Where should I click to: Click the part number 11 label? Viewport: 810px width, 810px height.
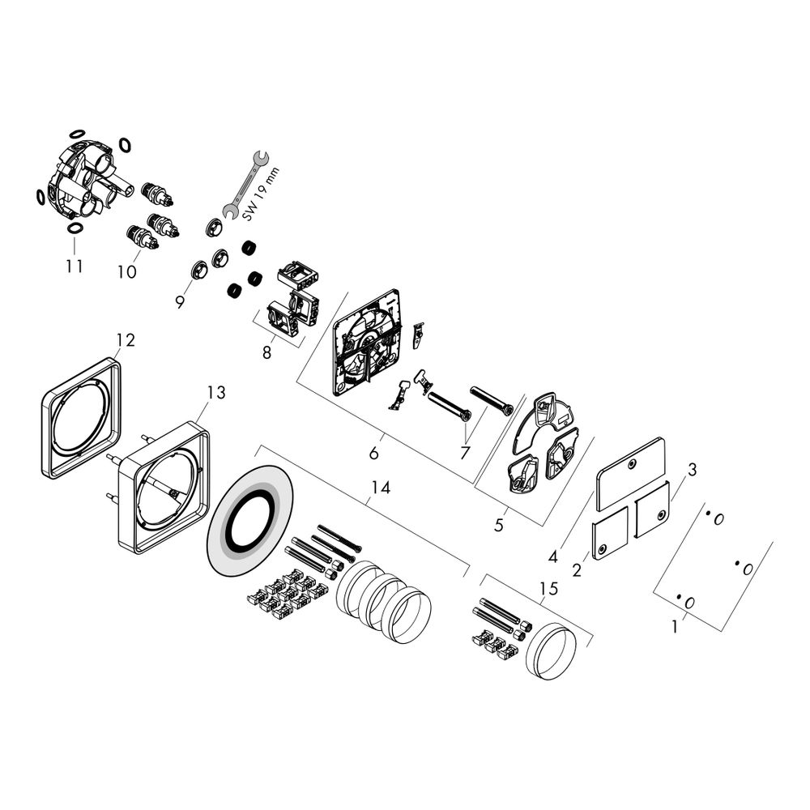(x=75, y=266)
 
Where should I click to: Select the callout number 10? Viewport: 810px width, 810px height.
(x=127, y=272)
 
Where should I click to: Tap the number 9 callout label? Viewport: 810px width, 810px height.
(x=180, y=301)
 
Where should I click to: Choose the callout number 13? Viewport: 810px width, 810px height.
(x=215, y=393)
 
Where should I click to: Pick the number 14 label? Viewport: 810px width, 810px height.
(x=381, y=488)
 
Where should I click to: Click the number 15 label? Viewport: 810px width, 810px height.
(x=549, y=589)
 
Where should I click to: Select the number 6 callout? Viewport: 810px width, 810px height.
(x=373, y=454)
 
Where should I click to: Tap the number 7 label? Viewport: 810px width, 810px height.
(x=465, y=454)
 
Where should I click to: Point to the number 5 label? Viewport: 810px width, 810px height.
(x=498, y=525)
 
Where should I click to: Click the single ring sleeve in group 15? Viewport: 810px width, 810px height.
(x=551, y=652)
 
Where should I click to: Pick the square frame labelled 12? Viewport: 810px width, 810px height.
(x=81, y=417)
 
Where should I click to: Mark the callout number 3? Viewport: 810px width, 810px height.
(x=693, y=470)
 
